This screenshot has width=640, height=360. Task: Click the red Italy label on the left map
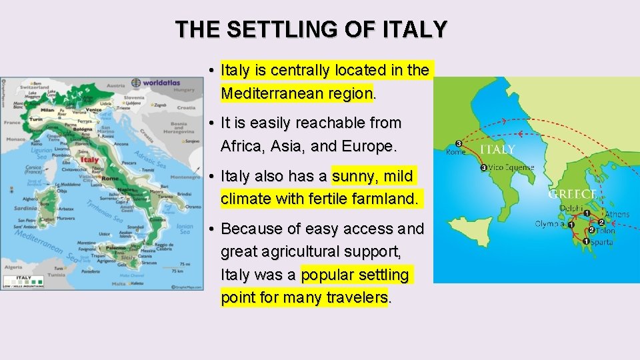89,159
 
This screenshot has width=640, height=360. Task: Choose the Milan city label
47,110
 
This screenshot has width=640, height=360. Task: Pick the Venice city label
93,110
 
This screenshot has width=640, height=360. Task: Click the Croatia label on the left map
186,107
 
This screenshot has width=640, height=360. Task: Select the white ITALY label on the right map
497,149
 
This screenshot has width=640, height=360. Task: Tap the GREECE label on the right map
571,194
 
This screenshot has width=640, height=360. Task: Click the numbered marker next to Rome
458,143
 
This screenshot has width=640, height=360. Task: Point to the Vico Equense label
511,168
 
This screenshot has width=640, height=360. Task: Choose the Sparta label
601,242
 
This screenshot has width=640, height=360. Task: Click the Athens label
617,215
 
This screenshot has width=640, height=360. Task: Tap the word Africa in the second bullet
241,146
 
